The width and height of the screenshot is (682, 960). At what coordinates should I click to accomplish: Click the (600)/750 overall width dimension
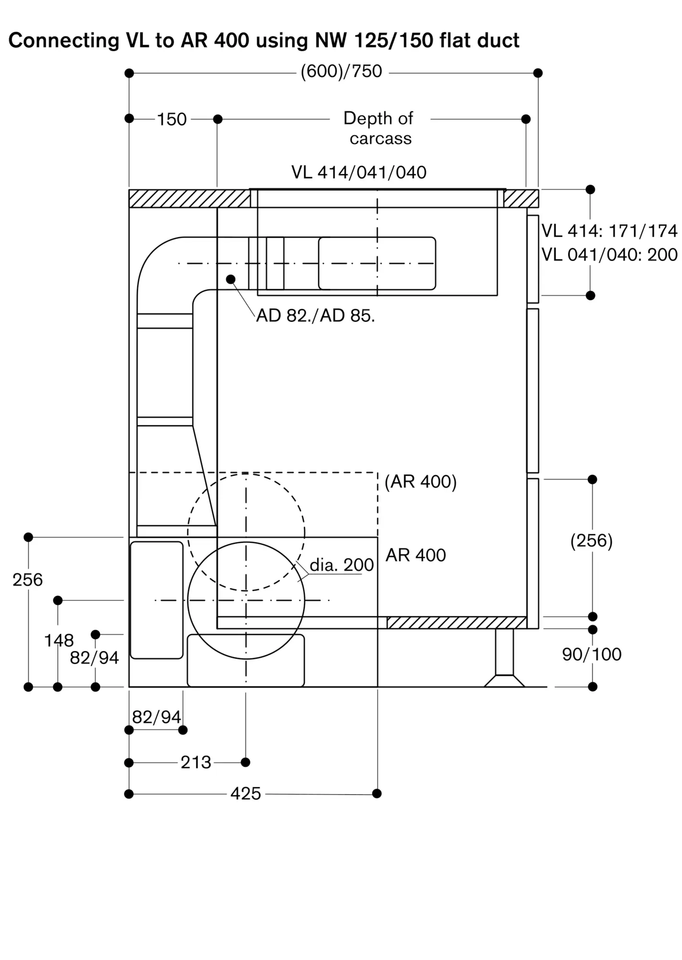pyautogui.click(x=341, y=72)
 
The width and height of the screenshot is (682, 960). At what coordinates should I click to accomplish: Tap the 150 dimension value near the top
pyautogui.click(x=172, y=119)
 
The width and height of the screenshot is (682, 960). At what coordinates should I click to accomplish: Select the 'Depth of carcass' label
pyautogui.click(x=379, y=128)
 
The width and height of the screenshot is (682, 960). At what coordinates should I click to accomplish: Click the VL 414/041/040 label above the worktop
pyautogui.click(x=359, y=172)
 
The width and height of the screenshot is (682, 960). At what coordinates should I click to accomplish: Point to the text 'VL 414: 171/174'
pyautogui.click(x=610, y=231)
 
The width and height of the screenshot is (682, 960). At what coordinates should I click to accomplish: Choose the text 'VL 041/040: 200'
pyautogui.click(x=610, y=254)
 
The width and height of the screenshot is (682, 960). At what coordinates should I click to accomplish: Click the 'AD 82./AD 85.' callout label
pyautogui.click(x=316, y=315)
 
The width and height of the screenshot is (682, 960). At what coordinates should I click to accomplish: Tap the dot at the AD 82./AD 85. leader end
pyautogui.click(x=231, y=279)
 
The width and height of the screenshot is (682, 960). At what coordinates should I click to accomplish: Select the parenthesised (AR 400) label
pyautogui.click(x=421, y=481)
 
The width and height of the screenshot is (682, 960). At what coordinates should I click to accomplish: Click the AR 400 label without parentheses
pyautogui.click(x=416, y=555)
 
